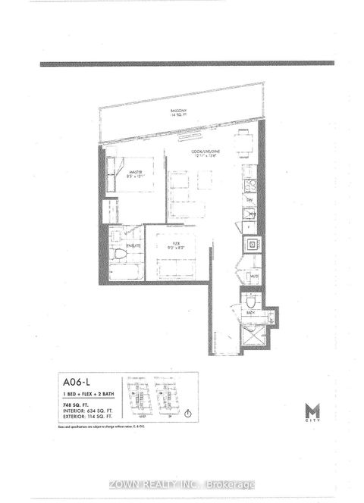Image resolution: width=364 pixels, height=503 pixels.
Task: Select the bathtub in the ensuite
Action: point(125,271)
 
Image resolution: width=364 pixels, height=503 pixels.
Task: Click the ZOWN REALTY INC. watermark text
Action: point(182,485)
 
